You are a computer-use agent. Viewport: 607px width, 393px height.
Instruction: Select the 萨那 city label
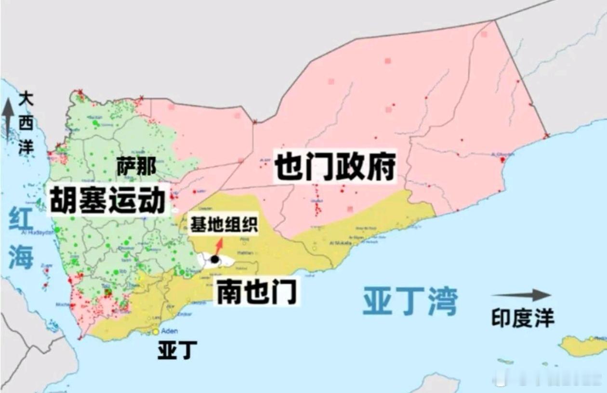[x=136, y=167]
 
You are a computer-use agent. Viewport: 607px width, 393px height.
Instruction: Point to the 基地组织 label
[x=224, y=225]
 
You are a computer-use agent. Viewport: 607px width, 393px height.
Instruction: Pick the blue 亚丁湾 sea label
[x=409, y=301]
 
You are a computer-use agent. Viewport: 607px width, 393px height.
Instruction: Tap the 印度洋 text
[x=523, y=318]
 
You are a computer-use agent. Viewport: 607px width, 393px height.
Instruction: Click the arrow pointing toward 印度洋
[x=522, y=295]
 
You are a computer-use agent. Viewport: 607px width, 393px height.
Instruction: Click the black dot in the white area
[x=215, y=260]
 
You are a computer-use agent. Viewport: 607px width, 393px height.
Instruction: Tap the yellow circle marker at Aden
[x=156, y=332]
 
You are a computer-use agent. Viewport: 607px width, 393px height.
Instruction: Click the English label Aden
[x=169, y=331]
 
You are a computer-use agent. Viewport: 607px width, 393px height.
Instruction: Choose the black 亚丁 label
[x=177, y=351]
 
